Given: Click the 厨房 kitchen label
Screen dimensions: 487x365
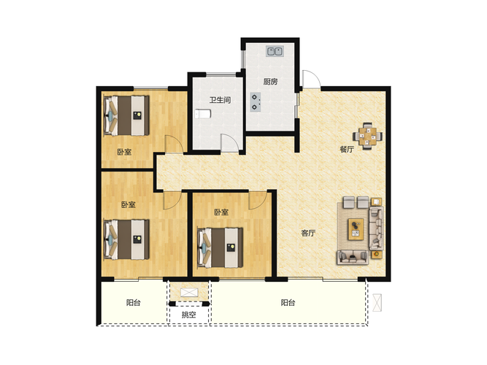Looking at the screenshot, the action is pyautogui.click(x=270, y=82).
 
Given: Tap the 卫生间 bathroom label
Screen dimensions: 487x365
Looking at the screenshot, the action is pyautogui.click(x=220, y=100).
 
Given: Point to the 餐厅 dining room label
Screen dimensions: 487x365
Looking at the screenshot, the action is pyautogui.click(x=347, y=149).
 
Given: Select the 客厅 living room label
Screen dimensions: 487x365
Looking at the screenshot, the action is pyautogui.click(x=308, y=233).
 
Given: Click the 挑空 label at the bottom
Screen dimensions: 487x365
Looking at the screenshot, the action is pyautogui.click(x=189, y=315).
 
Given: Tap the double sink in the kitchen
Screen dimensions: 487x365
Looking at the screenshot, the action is pyautogui.click(x=275, y=51).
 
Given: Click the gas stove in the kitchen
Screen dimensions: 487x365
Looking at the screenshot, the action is pyautogui.click(x=255, y=102).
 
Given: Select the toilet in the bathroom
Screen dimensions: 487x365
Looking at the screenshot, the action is pyautogui.click(x=203, y=114).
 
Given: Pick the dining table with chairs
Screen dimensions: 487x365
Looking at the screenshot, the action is pyautogui.click(x=367, y=136).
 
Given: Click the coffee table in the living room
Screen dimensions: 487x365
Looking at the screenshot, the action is pyautogui.click(x=356, y=229).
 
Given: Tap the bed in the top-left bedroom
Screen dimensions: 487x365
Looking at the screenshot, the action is pyautogui.click(x=126, y=115).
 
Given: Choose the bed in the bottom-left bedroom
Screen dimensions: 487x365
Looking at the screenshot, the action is pyautogui.click(x=126, y=239).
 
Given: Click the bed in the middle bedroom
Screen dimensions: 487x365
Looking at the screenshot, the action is pyautogui.click(x=221, y=247).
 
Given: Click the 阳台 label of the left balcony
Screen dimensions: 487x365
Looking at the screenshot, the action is pyautogui.click(x=133, y=302).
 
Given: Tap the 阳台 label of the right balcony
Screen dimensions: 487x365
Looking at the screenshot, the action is pyautogui.click(x=288, y=302).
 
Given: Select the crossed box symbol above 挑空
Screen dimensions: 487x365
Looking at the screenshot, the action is pyautogui.click(x=189, y=292).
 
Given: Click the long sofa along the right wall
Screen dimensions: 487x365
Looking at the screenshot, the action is pyautogui.click(x=376, y=228).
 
